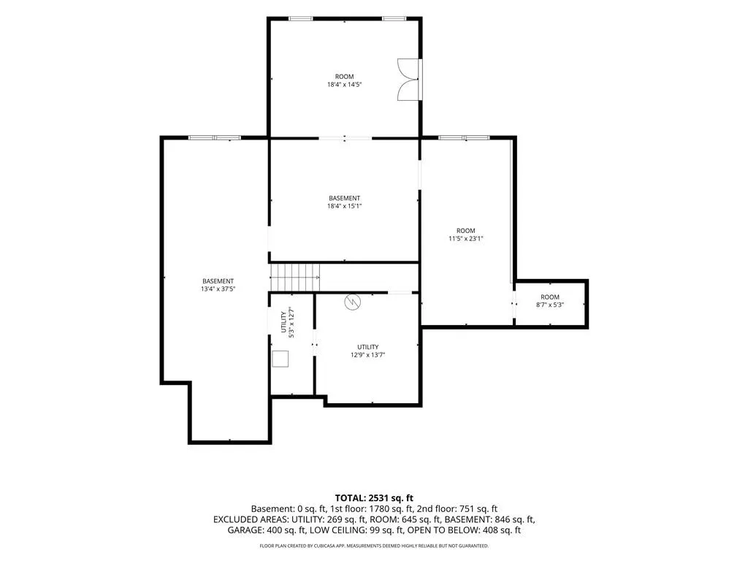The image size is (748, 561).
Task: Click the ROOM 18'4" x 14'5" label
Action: click(344, 80)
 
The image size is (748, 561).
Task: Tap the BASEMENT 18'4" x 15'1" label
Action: click(344, 202)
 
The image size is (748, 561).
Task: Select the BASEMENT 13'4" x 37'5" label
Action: click(218, 286)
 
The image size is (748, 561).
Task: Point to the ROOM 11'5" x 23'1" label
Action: click(465, 234)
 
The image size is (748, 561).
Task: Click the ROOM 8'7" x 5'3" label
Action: click(549, 300)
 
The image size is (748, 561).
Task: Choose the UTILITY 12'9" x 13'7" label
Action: click(368, 351)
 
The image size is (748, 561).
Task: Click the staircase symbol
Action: click(295, 277)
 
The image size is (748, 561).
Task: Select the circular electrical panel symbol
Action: click(353, 301)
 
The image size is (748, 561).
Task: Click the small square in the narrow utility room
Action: click(280, 359)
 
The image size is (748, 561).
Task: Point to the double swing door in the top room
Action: click(410, 80)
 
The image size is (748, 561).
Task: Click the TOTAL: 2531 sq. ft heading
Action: click(374, 498)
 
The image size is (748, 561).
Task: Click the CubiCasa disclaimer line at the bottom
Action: click(374, 546)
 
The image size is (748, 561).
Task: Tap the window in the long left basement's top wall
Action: click(214, 138)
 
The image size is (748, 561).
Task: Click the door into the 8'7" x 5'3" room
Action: click(514, 304)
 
